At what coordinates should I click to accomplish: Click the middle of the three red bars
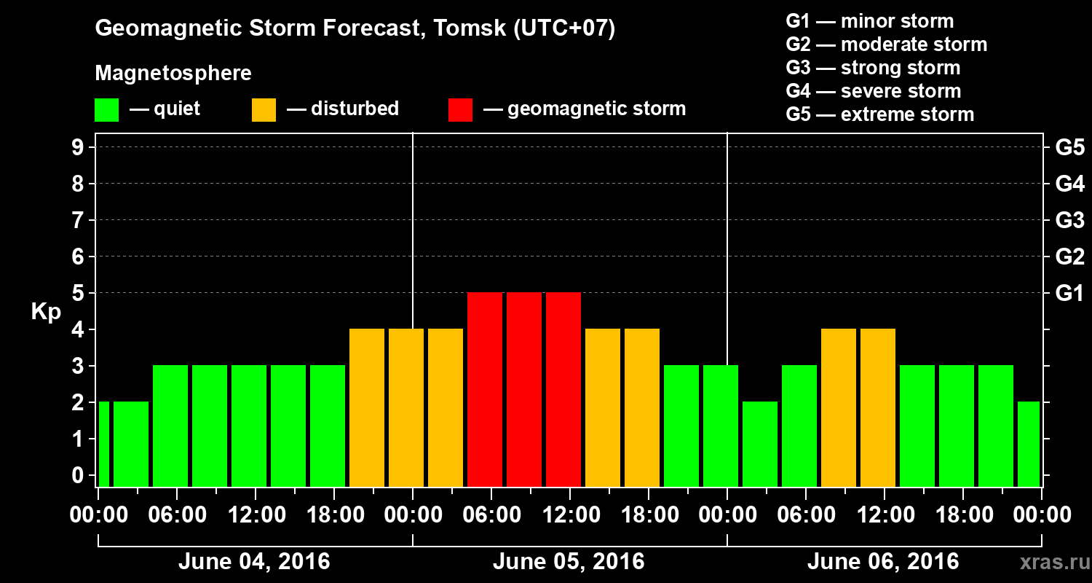click(x=524, y=389)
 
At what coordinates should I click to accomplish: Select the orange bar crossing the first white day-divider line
click(x=406, y=407)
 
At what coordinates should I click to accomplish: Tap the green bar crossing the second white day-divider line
click(x=721, y=426)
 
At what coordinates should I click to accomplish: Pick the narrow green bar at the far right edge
click(x=1029, y=444)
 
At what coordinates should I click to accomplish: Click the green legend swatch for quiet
click(x=106, y=110)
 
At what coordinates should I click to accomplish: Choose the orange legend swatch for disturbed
click(x=264, y=110)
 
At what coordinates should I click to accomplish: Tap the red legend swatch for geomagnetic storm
click(x=460, y=110)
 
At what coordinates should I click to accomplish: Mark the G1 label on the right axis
click(x=1069, y=293)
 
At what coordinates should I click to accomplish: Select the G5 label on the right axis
click(x=1069, y=147)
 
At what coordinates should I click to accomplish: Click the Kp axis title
click(x=46, y=312)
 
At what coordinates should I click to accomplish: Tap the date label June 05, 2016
click(x=569, y=562)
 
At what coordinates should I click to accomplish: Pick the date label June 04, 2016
click(x=254, y=562)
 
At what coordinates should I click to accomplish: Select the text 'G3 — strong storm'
click(x=873, y=68)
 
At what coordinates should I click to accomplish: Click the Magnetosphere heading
click(x=173, y=74)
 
